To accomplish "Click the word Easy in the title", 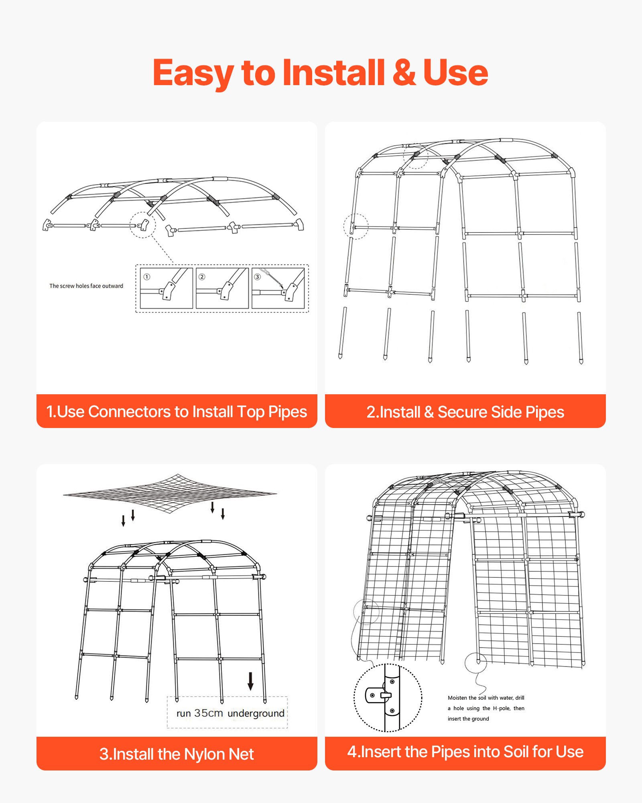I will (193, 73).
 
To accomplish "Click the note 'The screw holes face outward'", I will (86, 286).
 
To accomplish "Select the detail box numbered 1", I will (167, 288).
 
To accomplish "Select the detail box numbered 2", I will (222, 288).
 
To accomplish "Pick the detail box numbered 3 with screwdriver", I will (278, 288).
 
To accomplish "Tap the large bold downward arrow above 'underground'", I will (250, 681).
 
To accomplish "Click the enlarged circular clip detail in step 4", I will (388, 698).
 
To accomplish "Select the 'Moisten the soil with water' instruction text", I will (486, 708).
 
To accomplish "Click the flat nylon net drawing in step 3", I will (170, 493).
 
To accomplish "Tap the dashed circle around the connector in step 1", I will (142, 225).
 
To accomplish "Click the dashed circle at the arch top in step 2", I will (415, 156).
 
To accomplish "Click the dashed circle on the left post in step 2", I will (356, 227).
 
